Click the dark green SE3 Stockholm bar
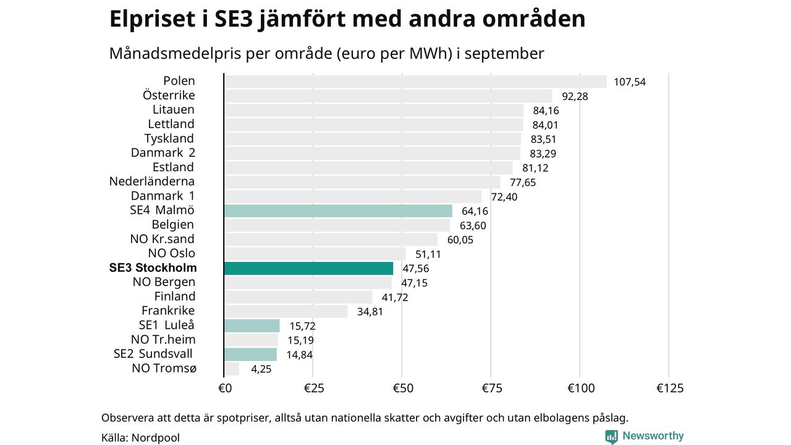pos(308,268)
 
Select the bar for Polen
pos(415,82)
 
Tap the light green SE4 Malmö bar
pos(338,211)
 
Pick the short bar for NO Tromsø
pos(232,369)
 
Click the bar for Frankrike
pos(286,311)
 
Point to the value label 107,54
pos(629,82)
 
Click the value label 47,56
pos(415,268)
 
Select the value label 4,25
pos(261,370)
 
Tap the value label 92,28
pos(575,96)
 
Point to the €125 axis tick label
pos(670,388)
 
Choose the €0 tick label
pos(225,388)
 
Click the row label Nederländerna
pos(152,182)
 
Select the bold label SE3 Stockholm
pos(153,268)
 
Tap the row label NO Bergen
pos(164,282)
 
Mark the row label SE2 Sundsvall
pos(153,354)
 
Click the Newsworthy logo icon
pos(612,436)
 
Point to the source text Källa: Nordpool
pos(140,438)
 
